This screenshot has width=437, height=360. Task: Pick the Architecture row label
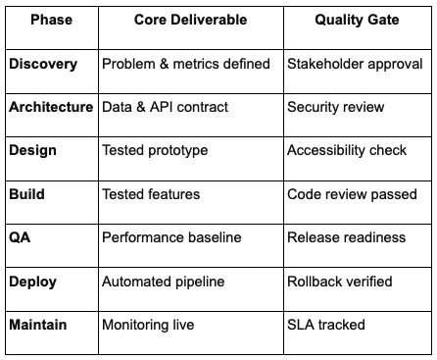click(x=51, y=107)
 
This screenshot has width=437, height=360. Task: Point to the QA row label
click(x=21, y=238)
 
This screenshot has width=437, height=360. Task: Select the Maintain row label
click(x=39, y=325)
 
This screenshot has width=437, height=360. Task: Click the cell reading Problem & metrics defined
click(x=186, y=64)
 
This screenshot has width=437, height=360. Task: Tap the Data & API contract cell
click(x=166, y=107)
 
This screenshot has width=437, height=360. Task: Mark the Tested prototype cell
click(x=155, y=151)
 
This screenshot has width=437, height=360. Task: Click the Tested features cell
click(x=151, y=194)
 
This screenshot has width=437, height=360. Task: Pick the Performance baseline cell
click(x=172, y=238)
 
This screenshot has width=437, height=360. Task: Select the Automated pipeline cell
click(x=164, y=282)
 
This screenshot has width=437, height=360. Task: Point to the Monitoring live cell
click(x=151, y=325)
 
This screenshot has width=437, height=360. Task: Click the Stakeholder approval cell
click(x=353, y=64)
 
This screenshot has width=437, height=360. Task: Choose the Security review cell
click(x=335, y=107)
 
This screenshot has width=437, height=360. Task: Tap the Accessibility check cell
click(x=347, y=151)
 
